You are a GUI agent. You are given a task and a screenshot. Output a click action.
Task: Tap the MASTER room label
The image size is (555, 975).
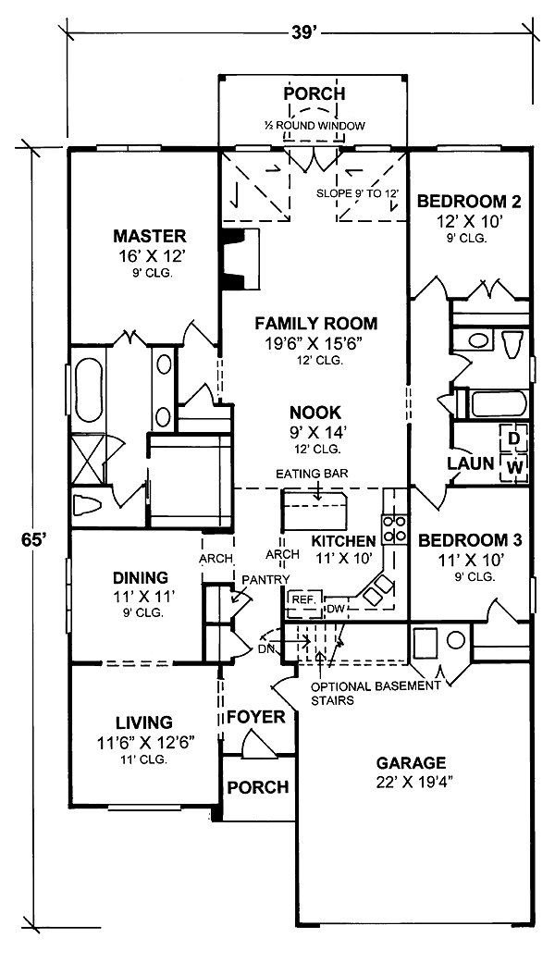pyautogui.click(x=149, y=236)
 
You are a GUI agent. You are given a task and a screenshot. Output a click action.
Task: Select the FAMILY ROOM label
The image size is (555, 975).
pyautogui.click(x=316, y=324)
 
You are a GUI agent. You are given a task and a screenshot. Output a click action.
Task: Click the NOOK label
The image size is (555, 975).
pyautogui.click(x=316, y=412)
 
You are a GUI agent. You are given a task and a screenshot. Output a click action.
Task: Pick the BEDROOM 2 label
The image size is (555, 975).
pyautogui.click(x=469, y=202)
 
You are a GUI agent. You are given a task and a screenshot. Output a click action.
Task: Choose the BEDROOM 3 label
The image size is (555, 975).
pyautogui.click(x=469, y=539)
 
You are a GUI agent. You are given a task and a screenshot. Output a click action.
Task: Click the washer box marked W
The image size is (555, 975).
pyautogui.click(x=514, y=466)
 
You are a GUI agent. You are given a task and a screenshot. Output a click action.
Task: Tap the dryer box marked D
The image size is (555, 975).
pyautogui.click(x=514, y=438)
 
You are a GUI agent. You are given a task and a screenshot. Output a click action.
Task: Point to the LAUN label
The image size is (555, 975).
pyautogui.click(x=471, y=463)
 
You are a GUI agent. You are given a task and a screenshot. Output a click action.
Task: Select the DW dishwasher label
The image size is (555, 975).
pyautogui.click(x=336, y=608)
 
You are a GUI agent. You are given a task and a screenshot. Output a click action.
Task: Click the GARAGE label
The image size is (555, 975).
pyautogui.click(x=411, y=762)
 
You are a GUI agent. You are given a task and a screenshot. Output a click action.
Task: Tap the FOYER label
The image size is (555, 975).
pyautogui.click(x=255, y=717)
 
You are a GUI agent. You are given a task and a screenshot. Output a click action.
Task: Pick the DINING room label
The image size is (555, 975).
pyautogui.click(x=141, y=577)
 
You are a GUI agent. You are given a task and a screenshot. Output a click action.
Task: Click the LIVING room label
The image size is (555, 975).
pyautogui.click(x=144, y=722)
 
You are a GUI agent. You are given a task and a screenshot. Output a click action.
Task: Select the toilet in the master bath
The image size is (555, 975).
pyautogui.click(x=87, y=505)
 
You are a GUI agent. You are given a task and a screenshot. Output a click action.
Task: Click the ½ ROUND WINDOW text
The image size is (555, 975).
pyautogui.click(x=314, y=125)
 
